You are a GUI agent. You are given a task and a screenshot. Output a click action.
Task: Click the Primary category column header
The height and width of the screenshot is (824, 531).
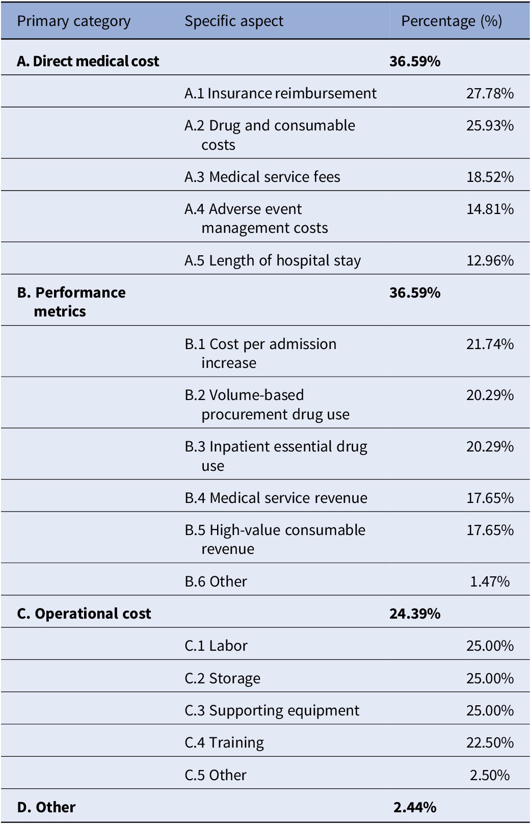point(73,21)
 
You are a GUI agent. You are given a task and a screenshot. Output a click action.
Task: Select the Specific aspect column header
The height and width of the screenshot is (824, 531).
point(234,21)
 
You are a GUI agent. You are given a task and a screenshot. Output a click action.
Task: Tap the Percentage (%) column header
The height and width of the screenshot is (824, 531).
point(452,21)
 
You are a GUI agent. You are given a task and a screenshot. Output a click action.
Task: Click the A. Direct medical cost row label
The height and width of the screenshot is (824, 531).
point(88,61)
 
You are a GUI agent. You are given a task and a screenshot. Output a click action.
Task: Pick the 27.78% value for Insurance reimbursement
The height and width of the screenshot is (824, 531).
point(490,93)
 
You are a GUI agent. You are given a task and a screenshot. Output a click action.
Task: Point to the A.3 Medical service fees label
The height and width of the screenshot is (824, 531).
point(262,177)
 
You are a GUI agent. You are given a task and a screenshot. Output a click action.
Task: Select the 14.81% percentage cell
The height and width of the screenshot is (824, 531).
point(490,209)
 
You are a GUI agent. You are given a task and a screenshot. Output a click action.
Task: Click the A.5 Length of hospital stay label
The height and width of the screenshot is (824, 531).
point(273,261)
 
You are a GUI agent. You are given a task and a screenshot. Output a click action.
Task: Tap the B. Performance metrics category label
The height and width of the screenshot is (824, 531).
point(71,302)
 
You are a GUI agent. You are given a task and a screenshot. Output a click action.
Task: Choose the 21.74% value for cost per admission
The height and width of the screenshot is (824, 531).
point(490,344)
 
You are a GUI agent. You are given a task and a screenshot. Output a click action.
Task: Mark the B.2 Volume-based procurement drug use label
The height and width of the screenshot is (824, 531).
point(267,405)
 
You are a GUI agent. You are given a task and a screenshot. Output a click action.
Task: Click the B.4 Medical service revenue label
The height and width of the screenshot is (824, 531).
point(276,498)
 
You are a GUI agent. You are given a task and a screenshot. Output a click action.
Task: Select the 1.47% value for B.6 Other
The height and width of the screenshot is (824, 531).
point(490,581)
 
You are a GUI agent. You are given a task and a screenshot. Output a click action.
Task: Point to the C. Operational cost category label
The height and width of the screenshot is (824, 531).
point(84,614)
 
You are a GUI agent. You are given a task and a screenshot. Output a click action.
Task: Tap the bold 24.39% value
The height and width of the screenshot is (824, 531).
point(415,614)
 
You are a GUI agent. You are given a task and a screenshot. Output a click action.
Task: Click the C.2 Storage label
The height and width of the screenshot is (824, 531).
point(222,678)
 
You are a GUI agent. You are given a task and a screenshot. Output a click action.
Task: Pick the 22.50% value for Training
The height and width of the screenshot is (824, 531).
point(490,742)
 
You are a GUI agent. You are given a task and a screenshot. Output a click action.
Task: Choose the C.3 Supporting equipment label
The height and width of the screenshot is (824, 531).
point(272,711)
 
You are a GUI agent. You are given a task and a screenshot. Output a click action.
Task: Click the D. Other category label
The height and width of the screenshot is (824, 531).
point(46,808)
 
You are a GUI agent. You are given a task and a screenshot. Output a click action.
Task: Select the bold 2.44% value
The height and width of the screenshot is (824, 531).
point(415,808)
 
